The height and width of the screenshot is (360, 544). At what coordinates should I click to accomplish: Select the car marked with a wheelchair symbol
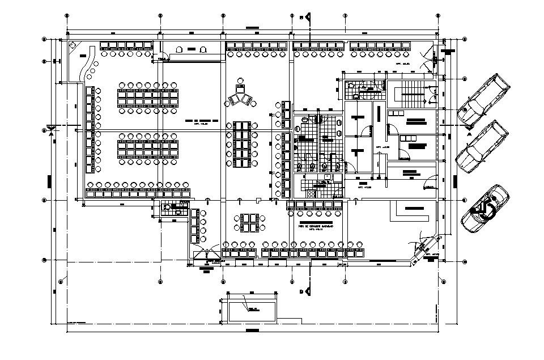tap(485, 207)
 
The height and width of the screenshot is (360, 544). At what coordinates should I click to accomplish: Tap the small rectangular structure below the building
tap(249, 310)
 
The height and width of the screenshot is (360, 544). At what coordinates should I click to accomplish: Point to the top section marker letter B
tap(300, 18)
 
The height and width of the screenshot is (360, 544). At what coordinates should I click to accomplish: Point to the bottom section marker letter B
tap(300, 291)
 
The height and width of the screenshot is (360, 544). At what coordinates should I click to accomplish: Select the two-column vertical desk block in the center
tap(242, 145)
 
